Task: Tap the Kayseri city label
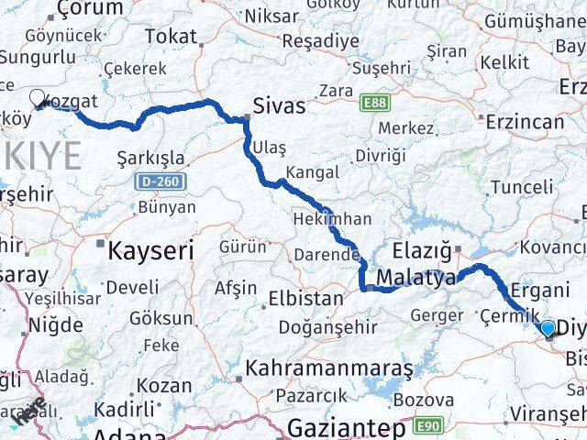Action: pos(151,249)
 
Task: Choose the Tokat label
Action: pos(172,37)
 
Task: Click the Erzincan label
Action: pos(526,121)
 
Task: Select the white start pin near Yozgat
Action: pos(38,97)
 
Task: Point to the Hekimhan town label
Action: pos(332,219)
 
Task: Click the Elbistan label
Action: pos(305,298)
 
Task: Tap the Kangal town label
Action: pos(313,171)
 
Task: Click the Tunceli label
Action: pos(522,187)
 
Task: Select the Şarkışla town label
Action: pos(151,158)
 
